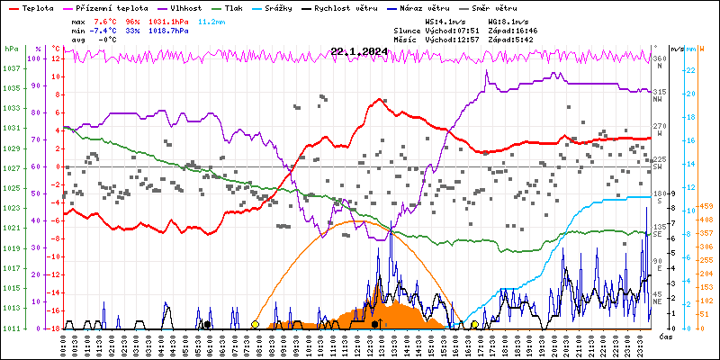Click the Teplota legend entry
37,7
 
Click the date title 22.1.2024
359,51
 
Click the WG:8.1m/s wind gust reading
508,20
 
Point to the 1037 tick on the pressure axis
12,68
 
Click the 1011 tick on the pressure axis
12,328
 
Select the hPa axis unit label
11,49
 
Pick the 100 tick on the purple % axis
39,58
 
